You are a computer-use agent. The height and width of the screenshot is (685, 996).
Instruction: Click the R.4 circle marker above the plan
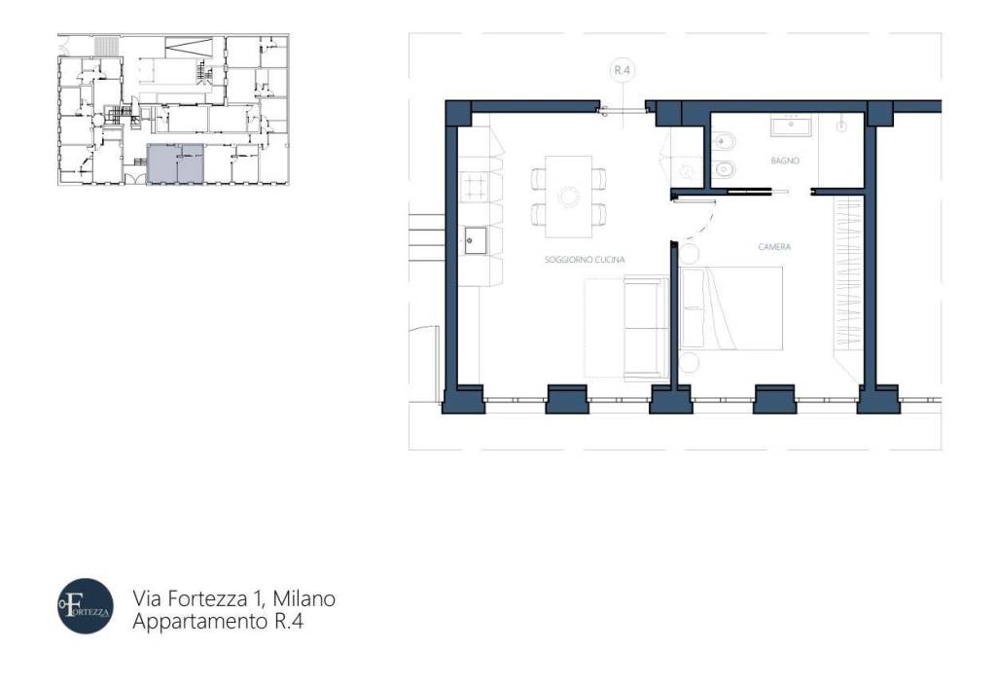click(x=621, y=70)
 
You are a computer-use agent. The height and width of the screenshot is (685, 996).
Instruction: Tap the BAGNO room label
click(x=785, y=161)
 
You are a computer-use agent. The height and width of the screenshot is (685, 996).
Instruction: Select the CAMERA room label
click(x=775, y=247)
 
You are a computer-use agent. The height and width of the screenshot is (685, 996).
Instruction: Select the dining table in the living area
click(x=568, y=197)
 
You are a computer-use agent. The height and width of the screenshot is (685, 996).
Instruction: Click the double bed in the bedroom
click(x=731, y=307)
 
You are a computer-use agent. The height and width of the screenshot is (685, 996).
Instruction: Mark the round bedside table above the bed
click(x=689, y=254)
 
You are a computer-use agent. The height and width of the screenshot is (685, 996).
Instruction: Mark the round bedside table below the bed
click(x=690, y=363)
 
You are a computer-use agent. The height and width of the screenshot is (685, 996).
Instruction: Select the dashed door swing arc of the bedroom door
click(x=704, y=225)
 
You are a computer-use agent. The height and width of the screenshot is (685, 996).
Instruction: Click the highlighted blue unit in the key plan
click(x=175, y=163)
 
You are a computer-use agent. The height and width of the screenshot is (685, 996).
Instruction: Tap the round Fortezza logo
click(x=86, y=606)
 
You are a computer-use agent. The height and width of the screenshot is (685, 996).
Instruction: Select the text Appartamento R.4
click(x=218, y=621)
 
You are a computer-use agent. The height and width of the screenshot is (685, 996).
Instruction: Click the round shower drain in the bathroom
click(x=841, y=126)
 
